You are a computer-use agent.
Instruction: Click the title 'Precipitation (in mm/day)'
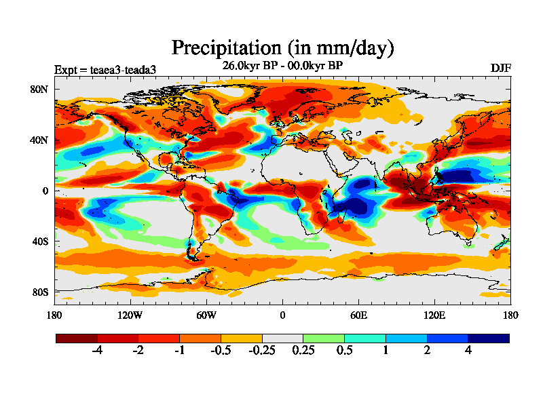click(x=282, y=48)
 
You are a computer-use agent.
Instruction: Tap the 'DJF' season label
click(x=500, y=69)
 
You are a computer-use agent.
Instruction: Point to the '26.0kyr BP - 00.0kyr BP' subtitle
click(x=282, y=66)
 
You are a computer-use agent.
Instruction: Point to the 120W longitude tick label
click(x=130, y=315)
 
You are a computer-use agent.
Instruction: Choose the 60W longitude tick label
click(x=206, y=315)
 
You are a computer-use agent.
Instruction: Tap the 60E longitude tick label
click(x=358, y=315)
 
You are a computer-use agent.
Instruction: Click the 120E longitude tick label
click(x=434, y=315)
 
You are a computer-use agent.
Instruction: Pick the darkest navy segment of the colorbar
click(x=488, y=338)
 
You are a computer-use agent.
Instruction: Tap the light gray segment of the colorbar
click(x=282, y=338)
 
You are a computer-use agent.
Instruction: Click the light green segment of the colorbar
click(x=324, y=338)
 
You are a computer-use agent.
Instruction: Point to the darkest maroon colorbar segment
click(x=77, y=338)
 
